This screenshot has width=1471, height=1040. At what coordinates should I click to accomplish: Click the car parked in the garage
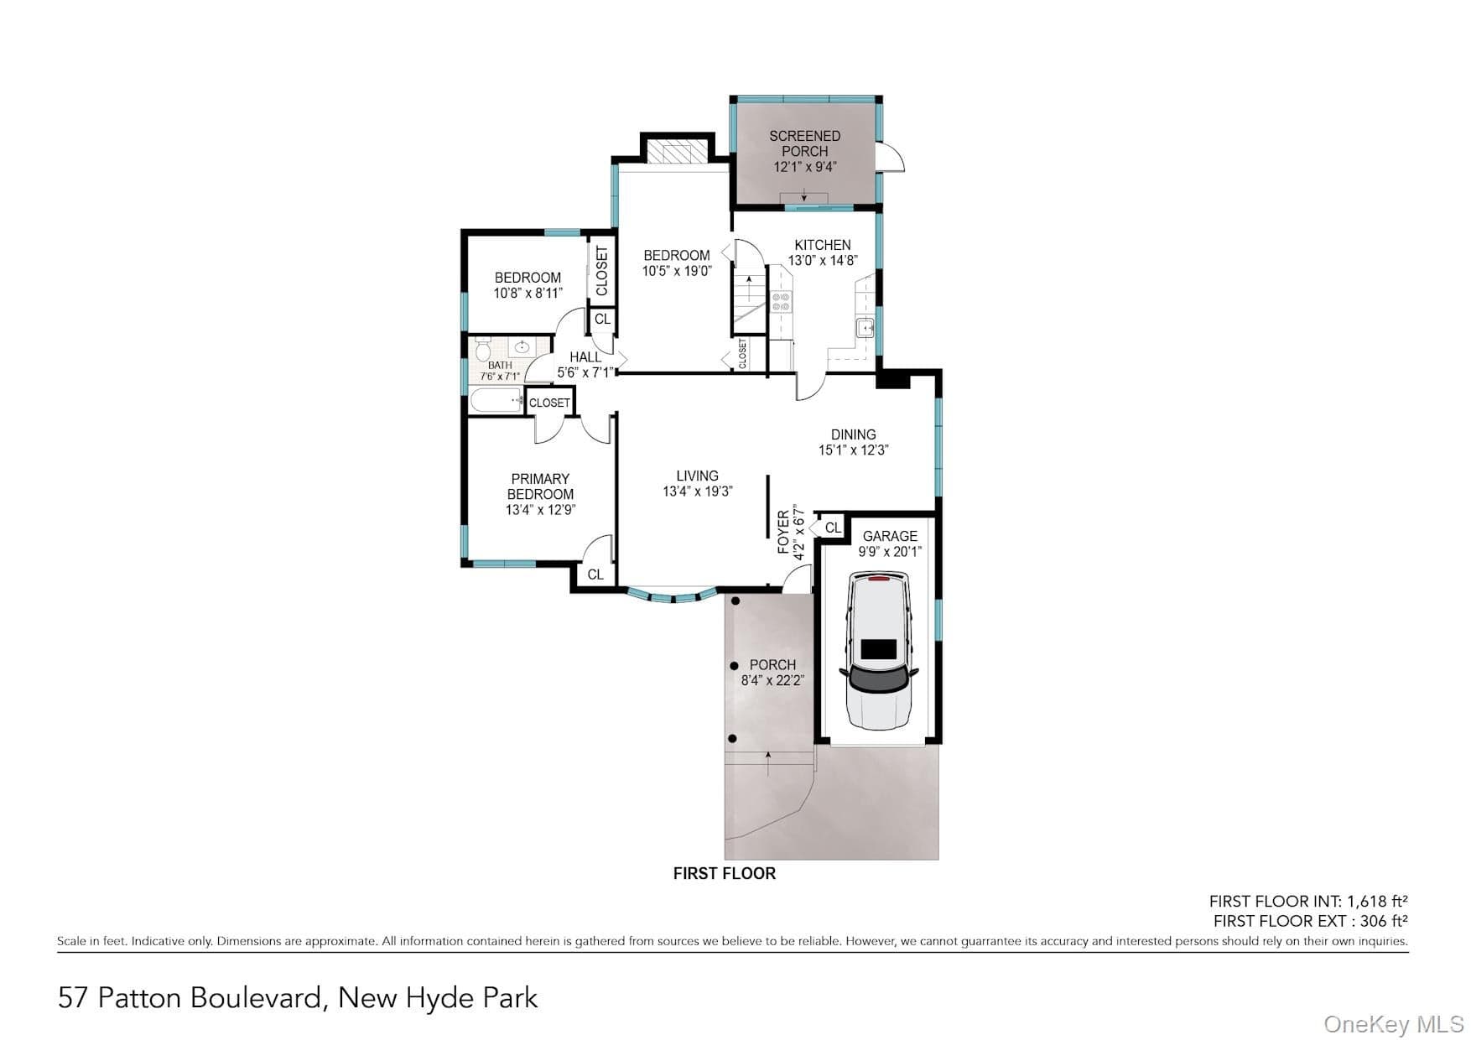pyautogui.click(x=878, y=650)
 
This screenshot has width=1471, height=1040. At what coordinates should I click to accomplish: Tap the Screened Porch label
pyautogui.click(x=804, y=143)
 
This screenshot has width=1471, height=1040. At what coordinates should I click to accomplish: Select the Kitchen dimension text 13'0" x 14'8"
pyautogui.click(x=822, y=261)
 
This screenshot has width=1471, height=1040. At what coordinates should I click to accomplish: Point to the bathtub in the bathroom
pyautogui.click(x=497, y=401)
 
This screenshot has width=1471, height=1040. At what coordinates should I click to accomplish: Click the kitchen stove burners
pyautogui.click(x=781, y=302)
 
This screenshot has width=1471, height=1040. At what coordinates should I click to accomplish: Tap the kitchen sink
pyautogui.click(x=865, y=327)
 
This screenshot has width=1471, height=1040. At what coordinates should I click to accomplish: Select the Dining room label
pyautogui.click(x=854, y=434)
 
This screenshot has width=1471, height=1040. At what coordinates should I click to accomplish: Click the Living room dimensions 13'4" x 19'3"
pyautogui.click(x=698, y=491)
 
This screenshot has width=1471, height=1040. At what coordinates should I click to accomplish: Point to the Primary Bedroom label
pyautogui.click(x=541, y=486)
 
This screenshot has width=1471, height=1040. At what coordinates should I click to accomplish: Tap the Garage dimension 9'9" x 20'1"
pyautogui.click(x=890, y=552)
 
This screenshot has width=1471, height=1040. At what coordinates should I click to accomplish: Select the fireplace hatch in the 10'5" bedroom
pyautogui.click(x=678, y=153)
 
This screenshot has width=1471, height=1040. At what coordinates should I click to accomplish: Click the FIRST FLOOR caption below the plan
pyautogui.click(x=725, y=873)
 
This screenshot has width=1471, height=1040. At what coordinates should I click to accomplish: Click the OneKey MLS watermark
pyautogui.click(x=1394, y=1024)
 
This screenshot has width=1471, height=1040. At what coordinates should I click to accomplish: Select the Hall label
pyautogui.click(x=585, y=357)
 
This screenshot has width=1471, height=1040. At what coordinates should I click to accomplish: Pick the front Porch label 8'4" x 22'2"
pyautogui.click(x=772, y=673)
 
